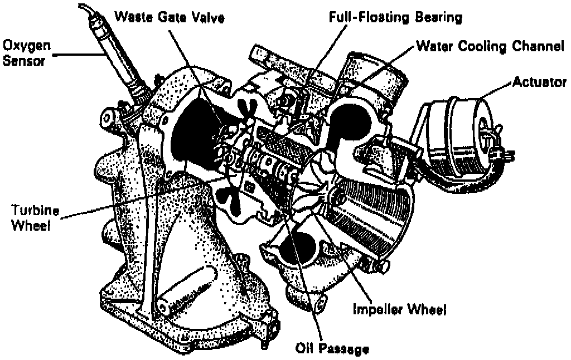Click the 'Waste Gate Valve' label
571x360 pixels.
click(169, 17)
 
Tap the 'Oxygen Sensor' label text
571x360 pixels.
click(23, 51)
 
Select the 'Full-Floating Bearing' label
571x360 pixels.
click(394, 17)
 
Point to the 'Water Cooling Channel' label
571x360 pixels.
click(490, 47)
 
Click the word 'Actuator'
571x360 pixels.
click(539, 82)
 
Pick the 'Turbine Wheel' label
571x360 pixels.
click(33, 218)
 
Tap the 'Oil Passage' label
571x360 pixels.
click(332, 349)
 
